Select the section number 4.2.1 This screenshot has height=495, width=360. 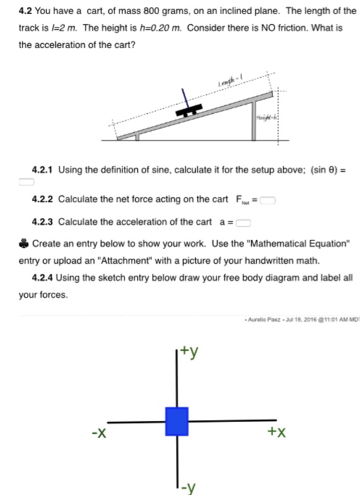click(x=43, y=170)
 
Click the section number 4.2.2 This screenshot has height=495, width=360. click(x=43, y=201)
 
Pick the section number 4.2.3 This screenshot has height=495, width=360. click(x=43, y=222)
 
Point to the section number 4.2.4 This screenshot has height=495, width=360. click(x=43, y=277)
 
